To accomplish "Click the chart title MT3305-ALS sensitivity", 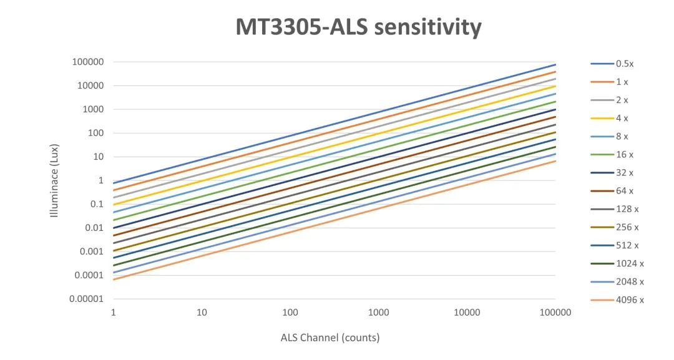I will [358, 27].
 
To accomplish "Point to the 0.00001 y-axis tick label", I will [85, 299].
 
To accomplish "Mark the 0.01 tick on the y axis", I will [94, 228].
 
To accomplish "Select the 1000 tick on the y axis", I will [92, 109].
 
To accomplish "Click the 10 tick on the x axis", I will [202, 312].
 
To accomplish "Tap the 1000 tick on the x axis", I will [378, 312].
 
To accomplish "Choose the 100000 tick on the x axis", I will [555, 312].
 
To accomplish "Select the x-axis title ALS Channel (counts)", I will [330, 338].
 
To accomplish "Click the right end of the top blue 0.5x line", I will [555, 65].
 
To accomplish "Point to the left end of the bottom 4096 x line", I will [114, 280].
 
